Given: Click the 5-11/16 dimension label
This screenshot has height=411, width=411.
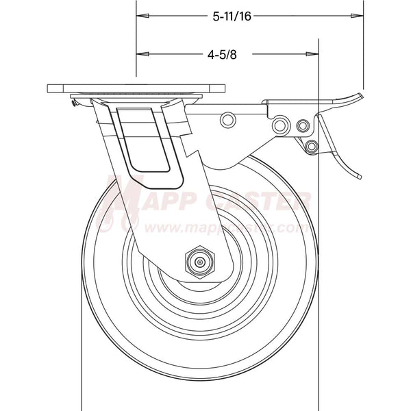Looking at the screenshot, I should click(x=232, y=15).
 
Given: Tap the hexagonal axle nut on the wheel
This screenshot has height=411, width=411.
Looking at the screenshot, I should click(x=199, y=261).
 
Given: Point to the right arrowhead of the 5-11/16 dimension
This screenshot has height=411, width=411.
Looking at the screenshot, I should click(x=358, y=14).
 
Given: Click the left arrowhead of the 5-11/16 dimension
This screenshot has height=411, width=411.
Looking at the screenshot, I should click(x=142, y=14).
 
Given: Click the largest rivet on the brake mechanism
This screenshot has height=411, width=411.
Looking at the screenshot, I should click(x=279, y=125).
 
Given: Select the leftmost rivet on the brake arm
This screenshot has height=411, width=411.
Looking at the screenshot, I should click(x=227, y=121).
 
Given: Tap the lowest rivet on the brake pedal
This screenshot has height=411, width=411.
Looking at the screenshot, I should click(x=312, y=146).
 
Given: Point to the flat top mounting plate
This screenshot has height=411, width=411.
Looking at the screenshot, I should click(x=136, y=90).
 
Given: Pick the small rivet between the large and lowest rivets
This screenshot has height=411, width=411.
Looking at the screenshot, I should click(x=302, y=125).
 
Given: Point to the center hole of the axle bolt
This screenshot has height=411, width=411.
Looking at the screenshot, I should click(x=199, y=261).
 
